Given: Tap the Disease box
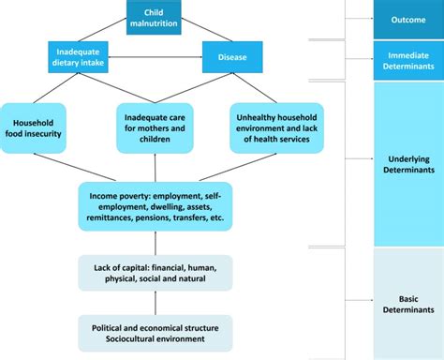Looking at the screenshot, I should point(232,57).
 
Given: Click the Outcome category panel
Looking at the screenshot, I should point(407,19).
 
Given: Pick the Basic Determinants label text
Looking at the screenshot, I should point(407,304).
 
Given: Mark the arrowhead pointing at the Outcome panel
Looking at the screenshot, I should point(368,19).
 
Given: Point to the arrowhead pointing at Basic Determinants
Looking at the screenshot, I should point(368,304).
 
